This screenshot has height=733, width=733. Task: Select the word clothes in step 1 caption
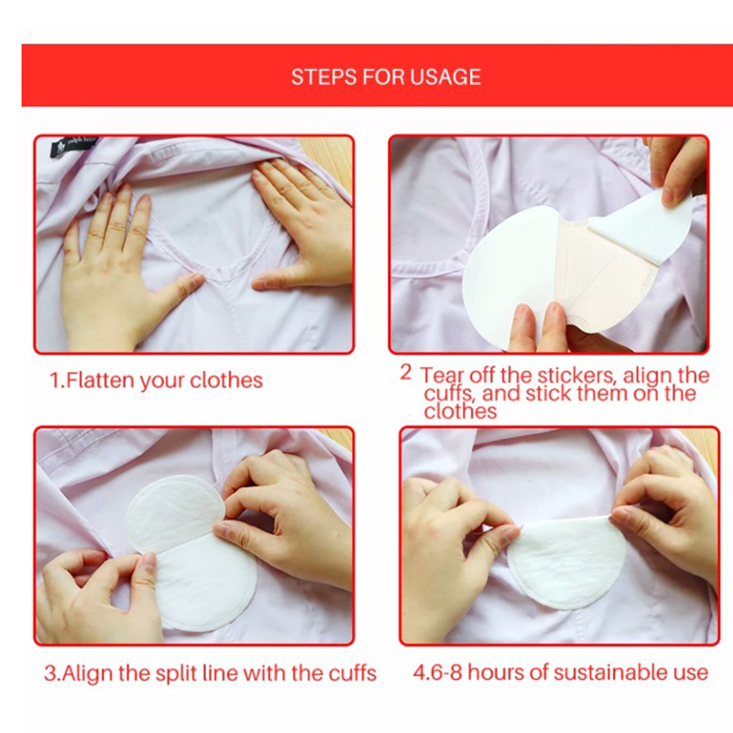tap(226, 380)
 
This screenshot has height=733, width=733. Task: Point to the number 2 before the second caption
tap(406, 373)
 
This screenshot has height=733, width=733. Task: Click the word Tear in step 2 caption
tap(443, 376)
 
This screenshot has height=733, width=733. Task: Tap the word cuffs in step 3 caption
tap(353, 673)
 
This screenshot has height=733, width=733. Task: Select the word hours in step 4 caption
tap(496, 673)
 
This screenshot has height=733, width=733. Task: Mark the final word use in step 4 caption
tap(694, 673)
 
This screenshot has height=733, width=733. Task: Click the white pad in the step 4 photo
tap(566, 563)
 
